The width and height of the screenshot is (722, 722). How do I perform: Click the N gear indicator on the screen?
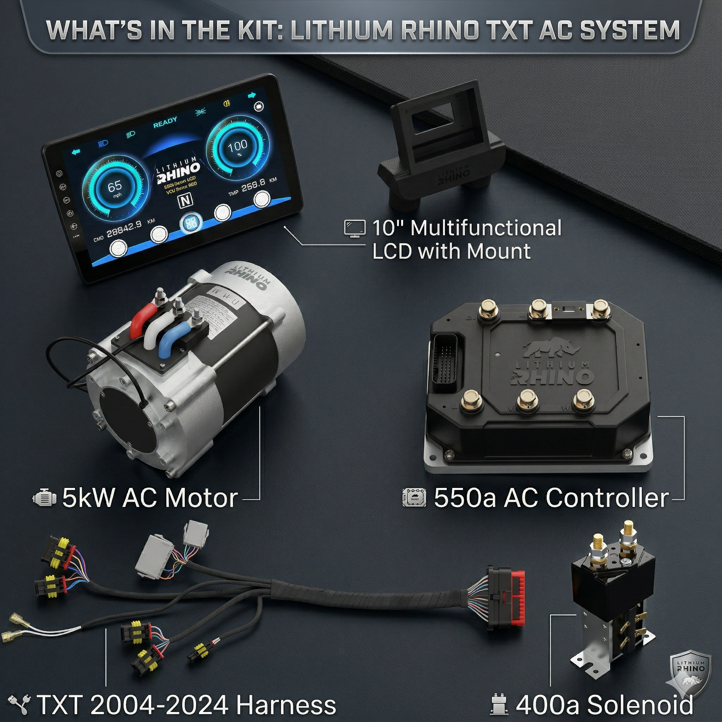point(185,201)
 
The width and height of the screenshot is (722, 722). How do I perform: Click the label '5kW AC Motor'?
point(149,498)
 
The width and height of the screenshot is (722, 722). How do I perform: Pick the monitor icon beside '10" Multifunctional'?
point(355,228)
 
